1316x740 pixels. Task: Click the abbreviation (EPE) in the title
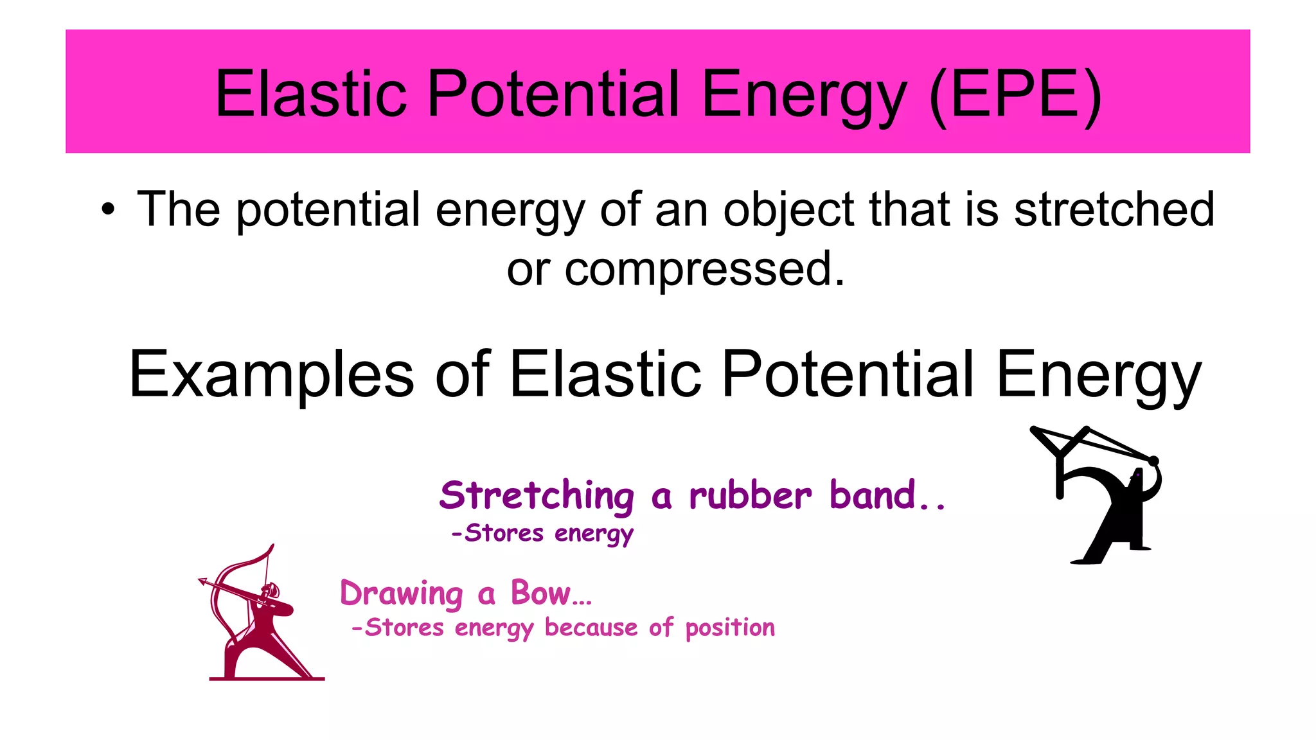click(1015, 94)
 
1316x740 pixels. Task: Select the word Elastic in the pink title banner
click(310, 94)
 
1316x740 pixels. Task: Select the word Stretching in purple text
click(537, 496)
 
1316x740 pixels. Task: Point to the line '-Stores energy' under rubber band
click(542, 533)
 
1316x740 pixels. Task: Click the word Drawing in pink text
click(401, 593)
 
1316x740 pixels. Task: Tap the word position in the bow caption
click(730, 628)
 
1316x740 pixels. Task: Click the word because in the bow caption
click(591, 627)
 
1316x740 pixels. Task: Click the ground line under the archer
click(267, 678)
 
